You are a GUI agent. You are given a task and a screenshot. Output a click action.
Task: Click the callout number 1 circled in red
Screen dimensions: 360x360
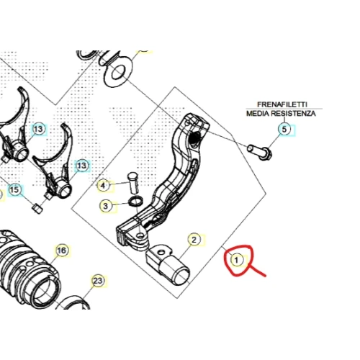[237, 260]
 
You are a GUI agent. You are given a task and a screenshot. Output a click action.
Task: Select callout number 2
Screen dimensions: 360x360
[194, 240]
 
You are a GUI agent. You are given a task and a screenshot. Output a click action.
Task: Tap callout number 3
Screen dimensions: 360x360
[106, 206]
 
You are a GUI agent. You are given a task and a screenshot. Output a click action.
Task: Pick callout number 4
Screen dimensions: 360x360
[103, 186]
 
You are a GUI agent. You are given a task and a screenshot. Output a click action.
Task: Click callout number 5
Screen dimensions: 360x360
[284, 130]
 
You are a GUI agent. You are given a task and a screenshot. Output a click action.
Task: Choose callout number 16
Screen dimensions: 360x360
[62, 251]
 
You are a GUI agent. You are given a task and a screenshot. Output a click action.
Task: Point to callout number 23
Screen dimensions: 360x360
[98, 281]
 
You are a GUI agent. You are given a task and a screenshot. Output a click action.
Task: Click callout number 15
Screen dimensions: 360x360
[14, 189]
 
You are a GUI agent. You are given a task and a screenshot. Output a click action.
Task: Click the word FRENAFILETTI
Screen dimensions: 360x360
[282, 104]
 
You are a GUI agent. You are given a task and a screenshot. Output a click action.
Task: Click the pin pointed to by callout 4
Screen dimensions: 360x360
[133, 182]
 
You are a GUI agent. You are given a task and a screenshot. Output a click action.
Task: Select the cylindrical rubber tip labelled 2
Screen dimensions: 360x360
[168, 266]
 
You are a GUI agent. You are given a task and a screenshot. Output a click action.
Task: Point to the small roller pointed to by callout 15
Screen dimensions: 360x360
[37, 208]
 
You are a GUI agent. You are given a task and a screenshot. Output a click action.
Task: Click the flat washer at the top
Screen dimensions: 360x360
[117, 71]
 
